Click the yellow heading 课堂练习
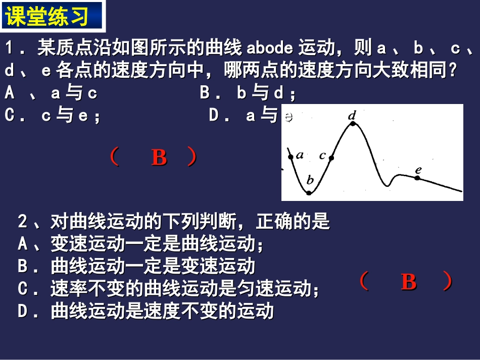pos(53,16)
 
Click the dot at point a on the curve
pos(291,157)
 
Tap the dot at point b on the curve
pos(309,193)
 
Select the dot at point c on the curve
pos(331,158)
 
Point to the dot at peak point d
pos(353,123)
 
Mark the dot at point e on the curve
pos(417,178)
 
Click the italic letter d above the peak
pos(352,115)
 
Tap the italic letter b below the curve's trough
pos(310,180)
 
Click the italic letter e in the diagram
pos(418,170)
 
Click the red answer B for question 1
pos(159,158)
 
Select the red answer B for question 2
pos(408,282)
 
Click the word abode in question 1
pos(270,48)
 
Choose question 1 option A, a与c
pos(51,93)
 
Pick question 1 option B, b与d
pos(248,93)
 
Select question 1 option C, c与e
pos(53,116)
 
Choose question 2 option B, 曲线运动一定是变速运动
pos(136,266)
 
